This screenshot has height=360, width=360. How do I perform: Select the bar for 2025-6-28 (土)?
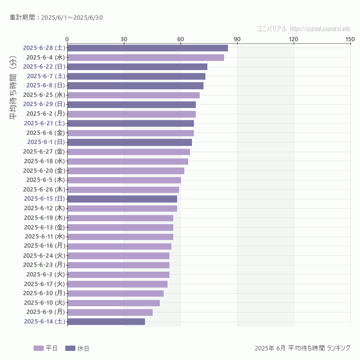(x=147, y=48)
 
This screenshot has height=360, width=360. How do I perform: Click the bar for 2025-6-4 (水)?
(x=145, y=58)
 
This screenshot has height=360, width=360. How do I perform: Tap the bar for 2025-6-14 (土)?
(x=106, y=322)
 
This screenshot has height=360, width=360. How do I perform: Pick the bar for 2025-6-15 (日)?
(x=122, y=199)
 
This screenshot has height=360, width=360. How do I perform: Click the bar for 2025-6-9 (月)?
(x=110, y=312)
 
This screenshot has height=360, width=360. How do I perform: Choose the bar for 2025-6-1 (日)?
(x=130, y=142)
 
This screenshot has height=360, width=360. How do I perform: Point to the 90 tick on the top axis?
(x=237, y=39)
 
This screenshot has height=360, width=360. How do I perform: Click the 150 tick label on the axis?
(x=350, y=39)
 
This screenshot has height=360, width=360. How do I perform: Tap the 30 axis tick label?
(x=124, y=39)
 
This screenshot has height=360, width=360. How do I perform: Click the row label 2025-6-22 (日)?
(x=44, y=67)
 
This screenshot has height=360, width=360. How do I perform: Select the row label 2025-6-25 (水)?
(x=44, y=95)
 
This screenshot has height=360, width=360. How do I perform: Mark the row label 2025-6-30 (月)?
(x=44, y=293)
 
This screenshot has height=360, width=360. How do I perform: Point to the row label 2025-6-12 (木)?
(x=45, y=208)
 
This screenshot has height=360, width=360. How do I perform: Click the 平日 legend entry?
(x=46, y=348)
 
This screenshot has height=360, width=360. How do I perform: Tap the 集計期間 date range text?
(x=56, y=18)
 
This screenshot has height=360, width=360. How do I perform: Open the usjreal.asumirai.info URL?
(x=320, y=29)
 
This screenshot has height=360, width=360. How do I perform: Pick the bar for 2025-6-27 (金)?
(x=129, y=152)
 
